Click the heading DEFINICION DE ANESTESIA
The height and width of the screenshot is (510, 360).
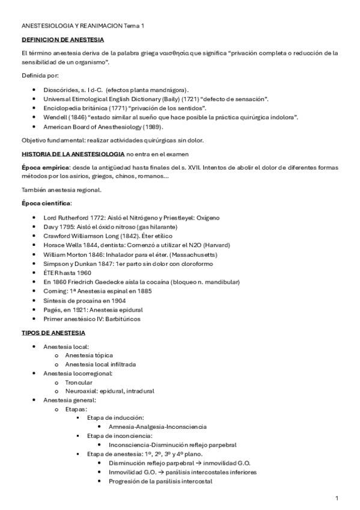[x=63, y=40]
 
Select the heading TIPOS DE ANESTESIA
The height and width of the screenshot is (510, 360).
[x=53, y=333]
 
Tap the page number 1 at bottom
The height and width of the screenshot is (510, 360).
[x=337, y=499]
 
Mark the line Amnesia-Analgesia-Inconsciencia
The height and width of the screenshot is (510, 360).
[x=157, y=426]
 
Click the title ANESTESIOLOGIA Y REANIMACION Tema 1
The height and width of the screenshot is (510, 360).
[x=83, y=26]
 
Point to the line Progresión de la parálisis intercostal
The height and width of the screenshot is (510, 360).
[x=160, y=481]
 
